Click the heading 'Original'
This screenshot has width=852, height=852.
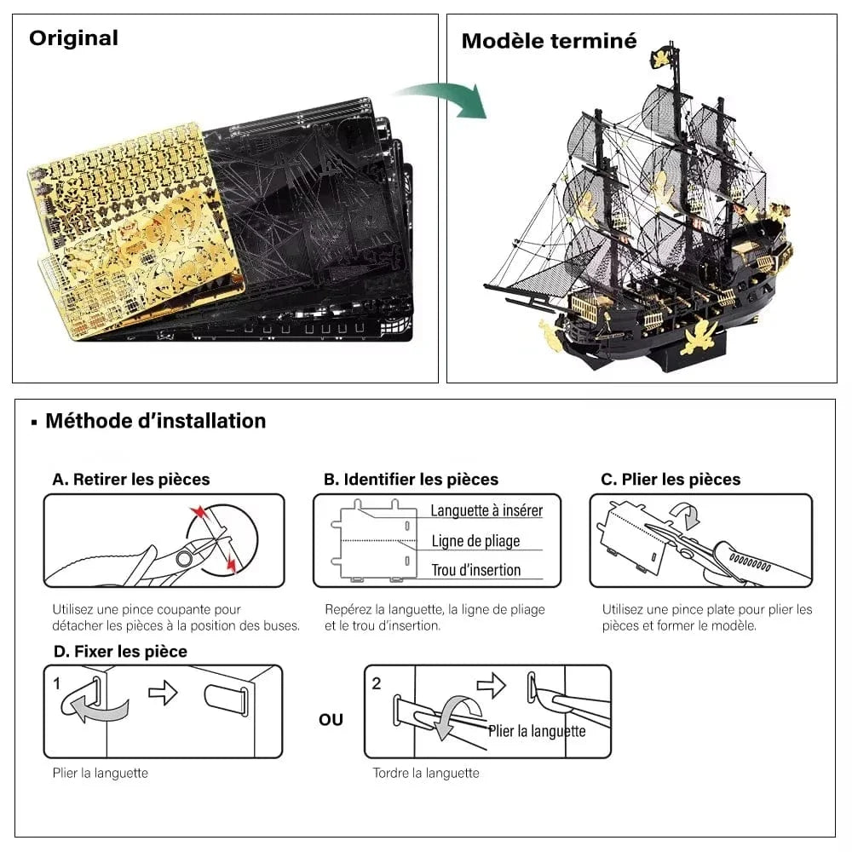(x=73, y=38)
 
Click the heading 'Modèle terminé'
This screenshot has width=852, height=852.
(x=549, y=41)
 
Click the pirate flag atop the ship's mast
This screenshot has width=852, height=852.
(x=664, y=57)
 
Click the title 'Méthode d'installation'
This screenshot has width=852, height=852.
(x=155, y=421)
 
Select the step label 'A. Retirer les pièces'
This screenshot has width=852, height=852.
(x=130, y=480)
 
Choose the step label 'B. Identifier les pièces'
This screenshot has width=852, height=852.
(x=411, y=480)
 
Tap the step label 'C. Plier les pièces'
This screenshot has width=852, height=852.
(x=671, y=480)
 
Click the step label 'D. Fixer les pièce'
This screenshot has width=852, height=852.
(x=119, y=652)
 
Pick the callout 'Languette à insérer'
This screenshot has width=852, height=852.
(x=486, y=511)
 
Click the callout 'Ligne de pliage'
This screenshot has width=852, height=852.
(x=475, y=541)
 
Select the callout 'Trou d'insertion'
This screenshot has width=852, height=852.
(x=475, y=571)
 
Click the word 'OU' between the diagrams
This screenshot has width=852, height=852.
(x=331, y=720)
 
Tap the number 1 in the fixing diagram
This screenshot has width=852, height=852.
(x=57, y=683)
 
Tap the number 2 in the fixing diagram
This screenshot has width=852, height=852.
(x=377, y=683)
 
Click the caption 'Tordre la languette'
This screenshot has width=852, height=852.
(x=425, y=774)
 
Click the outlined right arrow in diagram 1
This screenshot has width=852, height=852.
(x=163, y=693)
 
